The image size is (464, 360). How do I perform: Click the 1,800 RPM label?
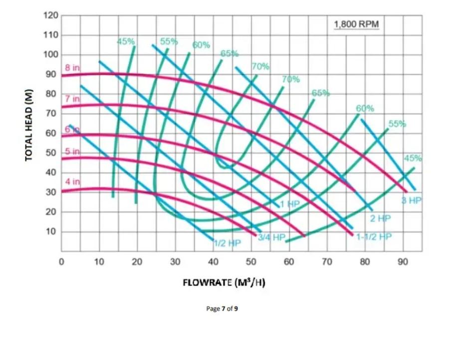click(356, 24)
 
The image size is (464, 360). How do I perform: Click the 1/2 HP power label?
click(227, 243)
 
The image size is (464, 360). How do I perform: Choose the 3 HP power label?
click(412, 201)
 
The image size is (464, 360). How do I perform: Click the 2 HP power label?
click(380, 218)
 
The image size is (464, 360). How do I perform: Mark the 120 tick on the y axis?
click(51, 15)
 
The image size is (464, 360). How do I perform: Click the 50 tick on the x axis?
click(251, 261)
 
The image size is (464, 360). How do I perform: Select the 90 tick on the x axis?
click(403, 261)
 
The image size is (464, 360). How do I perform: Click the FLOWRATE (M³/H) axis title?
click(224, 283)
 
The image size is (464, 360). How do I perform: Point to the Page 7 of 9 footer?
click(222, 309)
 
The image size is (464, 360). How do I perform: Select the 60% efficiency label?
click(201, 45)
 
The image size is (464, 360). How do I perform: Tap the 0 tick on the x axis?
click(61, 261)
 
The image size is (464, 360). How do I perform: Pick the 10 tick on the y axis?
click(51, 232)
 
